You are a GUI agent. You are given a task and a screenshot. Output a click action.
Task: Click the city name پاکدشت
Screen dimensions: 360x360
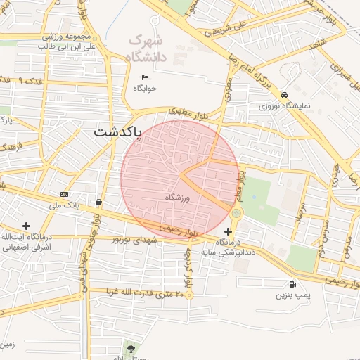(x=117, y=131)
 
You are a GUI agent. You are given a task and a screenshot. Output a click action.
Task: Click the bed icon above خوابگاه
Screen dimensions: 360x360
(x=145, y=77)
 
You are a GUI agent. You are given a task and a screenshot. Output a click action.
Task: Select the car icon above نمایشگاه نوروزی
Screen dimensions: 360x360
(x=283, y=96)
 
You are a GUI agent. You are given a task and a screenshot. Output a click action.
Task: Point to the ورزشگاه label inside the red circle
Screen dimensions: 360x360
(x=179, y=198)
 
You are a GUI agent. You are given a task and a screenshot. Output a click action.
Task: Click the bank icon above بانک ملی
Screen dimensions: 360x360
(x=65, y=194)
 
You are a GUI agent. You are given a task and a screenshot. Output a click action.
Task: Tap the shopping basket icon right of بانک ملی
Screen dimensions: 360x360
(x=98, y=202)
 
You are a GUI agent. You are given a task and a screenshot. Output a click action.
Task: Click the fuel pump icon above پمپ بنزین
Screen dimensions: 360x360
(x=291, y=285)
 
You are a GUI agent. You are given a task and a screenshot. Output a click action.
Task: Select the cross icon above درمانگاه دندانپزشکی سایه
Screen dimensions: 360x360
(x=228, y=231)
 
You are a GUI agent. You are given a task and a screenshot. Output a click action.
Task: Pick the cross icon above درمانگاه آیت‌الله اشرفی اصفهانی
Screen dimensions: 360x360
(x=27, y=226)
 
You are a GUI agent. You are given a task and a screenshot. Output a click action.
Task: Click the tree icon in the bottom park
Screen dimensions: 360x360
(x=130, y=347)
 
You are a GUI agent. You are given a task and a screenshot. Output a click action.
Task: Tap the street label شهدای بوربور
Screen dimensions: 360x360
(x=135, y=240)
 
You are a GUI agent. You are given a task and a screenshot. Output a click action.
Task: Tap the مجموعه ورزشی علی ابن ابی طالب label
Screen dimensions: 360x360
(x=67, y=41)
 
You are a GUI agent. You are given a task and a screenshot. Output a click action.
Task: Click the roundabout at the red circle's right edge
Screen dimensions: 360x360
(x=236, y=212)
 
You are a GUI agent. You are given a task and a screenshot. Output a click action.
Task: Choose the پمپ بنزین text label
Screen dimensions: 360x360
(x=291, y=297)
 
